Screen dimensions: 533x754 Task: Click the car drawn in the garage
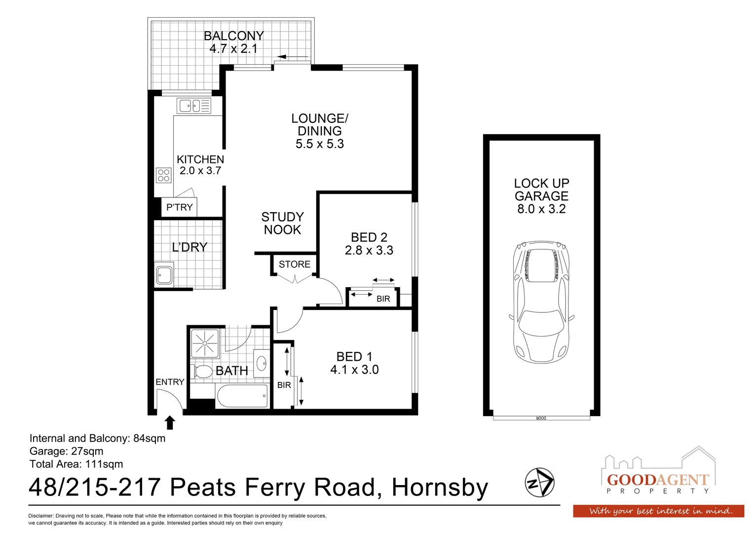[x=541, y=302]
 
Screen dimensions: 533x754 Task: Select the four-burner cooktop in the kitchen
[x=163, y=175]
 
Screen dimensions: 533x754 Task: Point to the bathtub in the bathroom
[x=242, y=396]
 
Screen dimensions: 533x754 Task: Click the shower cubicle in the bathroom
[x=204, y=343]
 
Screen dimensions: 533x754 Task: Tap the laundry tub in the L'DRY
[x=164, y=275]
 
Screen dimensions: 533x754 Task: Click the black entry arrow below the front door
[x=170, y=422]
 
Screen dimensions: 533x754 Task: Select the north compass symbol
[x=539, y=482]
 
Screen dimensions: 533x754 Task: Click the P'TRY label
[x=179, y=207]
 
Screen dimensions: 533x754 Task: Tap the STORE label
[x=295, y=265]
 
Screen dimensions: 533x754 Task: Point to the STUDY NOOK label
[x=282, y=224]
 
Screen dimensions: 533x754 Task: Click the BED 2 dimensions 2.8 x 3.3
[x=369, y=251]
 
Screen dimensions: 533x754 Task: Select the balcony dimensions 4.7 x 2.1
[x=233, y=49]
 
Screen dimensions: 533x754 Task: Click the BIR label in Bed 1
[x=284, y=385]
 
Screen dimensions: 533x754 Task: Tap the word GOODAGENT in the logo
[x=657, y=480]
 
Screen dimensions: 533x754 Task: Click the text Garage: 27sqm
[x=67, y=451]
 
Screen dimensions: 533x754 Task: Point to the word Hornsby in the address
[x=440, y=488]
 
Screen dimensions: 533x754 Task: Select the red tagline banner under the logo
[x=658, y=511]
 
